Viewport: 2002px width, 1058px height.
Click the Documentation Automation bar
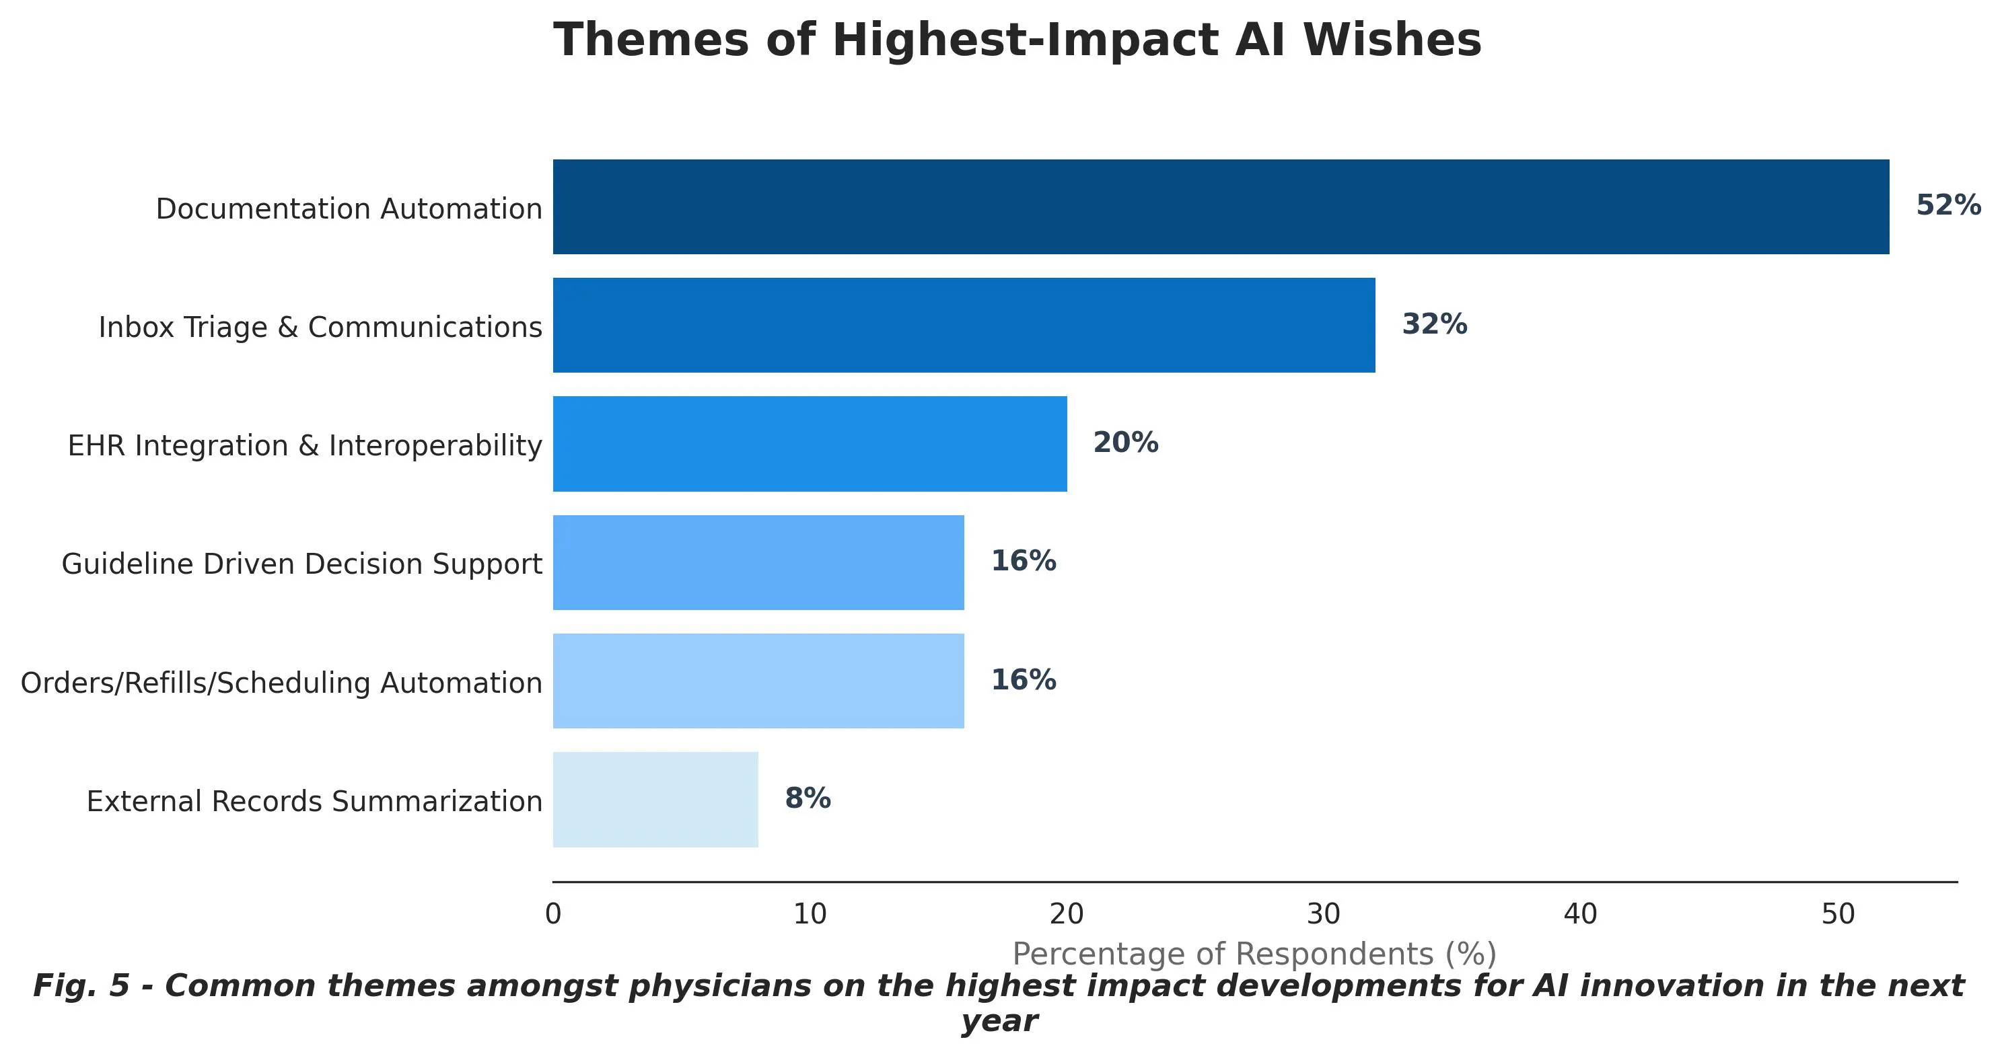click(1220, 206)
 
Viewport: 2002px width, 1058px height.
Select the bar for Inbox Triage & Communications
click(964, 325)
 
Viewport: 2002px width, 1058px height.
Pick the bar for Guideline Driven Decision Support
click(758, 562)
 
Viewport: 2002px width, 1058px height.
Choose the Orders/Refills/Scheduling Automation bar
click(758, 681)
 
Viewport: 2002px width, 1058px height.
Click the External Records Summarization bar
click(655, 799)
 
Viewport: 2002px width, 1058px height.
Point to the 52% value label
click(1947, 206)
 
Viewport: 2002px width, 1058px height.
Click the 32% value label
click(1434, 325)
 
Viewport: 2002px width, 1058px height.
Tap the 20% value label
click(1125, 443)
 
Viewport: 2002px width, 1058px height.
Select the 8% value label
click(808, 798)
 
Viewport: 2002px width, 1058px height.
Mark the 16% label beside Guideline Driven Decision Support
click(1023, 562)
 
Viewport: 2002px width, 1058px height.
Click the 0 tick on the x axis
click(552, 915)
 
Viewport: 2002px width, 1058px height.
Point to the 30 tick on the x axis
click(1324, 915)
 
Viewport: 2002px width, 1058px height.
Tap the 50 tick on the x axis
click(1838, 915)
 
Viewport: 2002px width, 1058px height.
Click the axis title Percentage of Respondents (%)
click(1254, 954)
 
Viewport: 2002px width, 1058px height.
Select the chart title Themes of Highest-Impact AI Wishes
click(1017, 40)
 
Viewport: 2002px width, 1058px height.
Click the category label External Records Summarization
click(314, 802)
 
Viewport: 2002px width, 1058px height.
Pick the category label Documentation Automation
click(349, 209)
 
